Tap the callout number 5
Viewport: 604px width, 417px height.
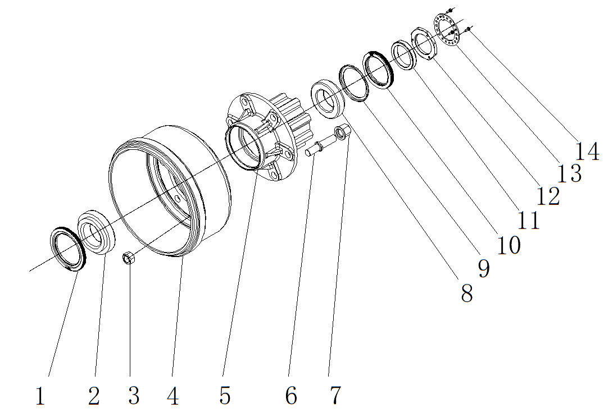pos(225,396)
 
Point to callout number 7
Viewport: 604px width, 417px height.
pos(335,396)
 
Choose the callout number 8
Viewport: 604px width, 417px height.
pos(467,292)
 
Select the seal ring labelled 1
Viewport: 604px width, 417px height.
pos(68,249)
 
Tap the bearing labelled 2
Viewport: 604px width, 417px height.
pos(96,231)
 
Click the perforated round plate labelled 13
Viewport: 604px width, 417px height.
pos(447,29)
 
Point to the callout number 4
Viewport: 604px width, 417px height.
pos(173,396)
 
